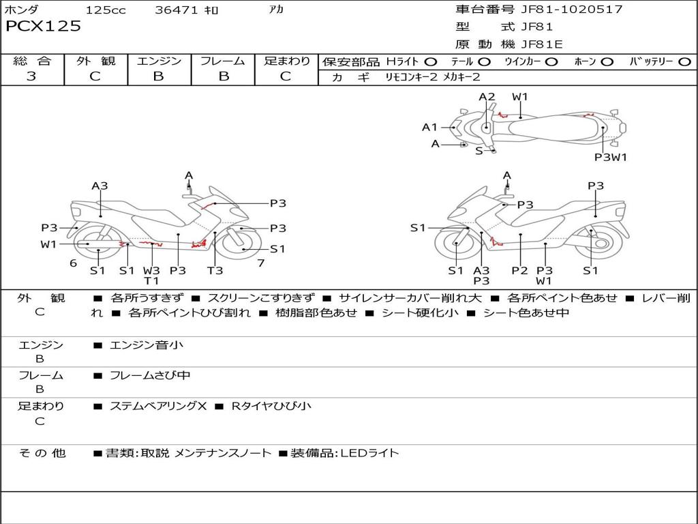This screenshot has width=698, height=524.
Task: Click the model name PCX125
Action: (43, 27)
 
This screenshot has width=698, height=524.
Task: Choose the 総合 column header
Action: (32, 61)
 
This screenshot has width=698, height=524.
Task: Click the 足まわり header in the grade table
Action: (286, 61)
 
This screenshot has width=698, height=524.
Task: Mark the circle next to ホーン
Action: (607, 61)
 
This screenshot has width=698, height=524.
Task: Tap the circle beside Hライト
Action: (431, 61)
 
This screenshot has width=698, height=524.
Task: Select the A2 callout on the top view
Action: (487, 97)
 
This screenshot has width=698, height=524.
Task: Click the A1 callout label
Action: (429, 127)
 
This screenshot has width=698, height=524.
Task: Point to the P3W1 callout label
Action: (611, 157)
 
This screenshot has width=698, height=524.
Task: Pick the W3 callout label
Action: (151, 270)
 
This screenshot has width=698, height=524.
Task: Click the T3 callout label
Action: (215, 270)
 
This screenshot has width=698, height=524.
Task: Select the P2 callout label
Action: (519, 270)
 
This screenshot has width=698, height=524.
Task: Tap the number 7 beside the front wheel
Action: (260, 263)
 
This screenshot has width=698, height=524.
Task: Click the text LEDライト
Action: (369, 453)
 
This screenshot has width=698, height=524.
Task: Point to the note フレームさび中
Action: (150, 375)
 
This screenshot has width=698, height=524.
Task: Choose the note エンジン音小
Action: (147, 345)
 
